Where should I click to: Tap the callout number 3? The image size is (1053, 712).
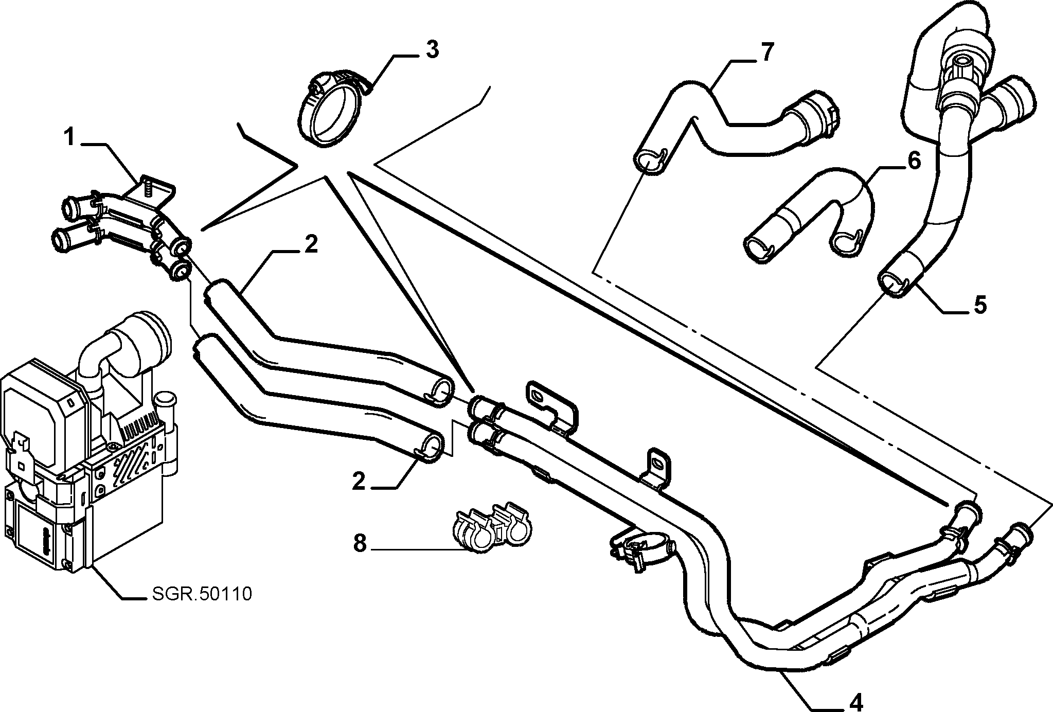point(432,50)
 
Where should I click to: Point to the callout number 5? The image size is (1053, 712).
point(980,305)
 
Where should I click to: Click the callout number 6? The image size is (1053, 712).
point(914,161)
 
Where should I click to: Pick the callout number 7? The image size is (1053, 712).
point(766,52)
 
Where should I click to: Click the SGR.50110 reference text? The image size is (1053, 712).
point(202,594)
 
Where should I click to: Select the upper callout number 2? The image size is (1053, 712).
point(311,245)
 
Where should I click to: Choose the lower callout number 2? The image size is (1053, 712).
point(359,482)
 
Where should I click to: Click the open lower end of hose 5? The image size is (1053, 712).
point(891,284)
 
